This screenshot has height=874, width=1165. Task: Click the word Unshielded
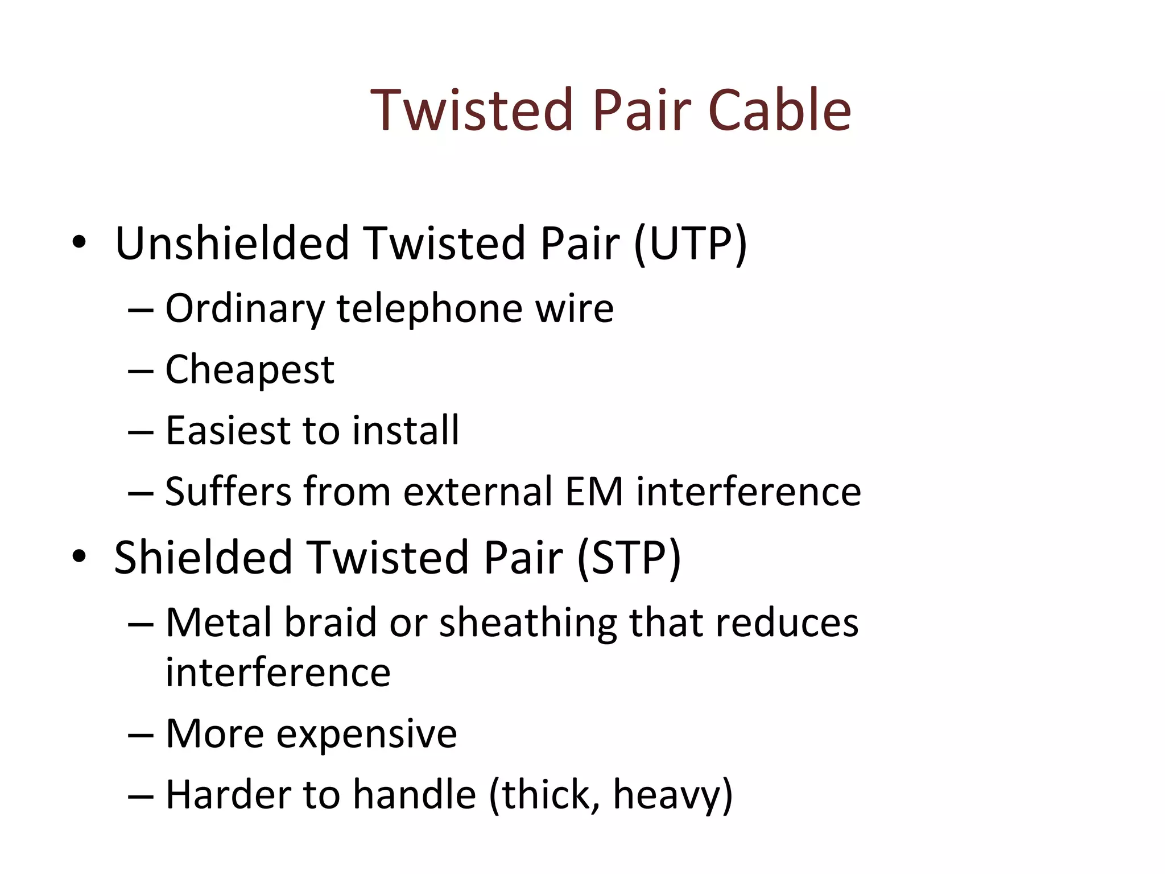(x=232, y=244)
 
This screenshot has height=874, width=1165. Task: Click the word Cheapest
(x=250, y=370)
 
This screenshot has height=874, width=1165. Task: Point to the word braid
(x=330, y=622)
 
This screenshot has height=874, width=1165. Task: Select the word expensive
(x=366, y=734)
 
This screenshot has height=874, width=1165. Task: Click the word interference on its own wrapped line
(x=278, y=673)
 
